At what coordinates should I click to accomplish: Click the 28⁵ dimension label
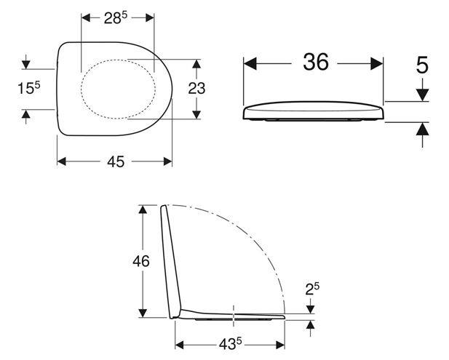click(x=116, y=18)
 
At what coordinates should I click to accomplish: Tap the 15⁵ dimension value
click(x=29, y=88)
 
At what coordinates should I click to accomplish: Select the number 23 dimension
click(x=196, y=89)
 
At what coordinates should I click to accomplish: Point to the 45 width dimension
click(x=116, y=161)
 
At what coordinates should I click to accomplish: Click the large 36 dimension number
click(x=316, y=62)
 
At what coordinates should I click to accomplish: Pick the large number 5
click(x=422, y=65)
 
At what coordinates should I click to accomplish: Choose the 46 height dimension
click(x=141, y=261)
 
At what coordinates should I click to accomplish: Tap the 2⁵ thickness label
click(x=312, y=289)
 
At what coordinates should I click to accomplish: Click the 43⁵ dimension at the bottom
click(x=230, y=344)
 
